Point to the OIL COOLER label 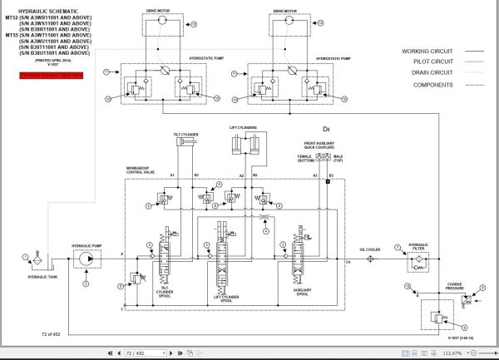(x=369, y=249)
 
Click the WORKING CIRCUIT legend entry (x=427, y=51)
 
